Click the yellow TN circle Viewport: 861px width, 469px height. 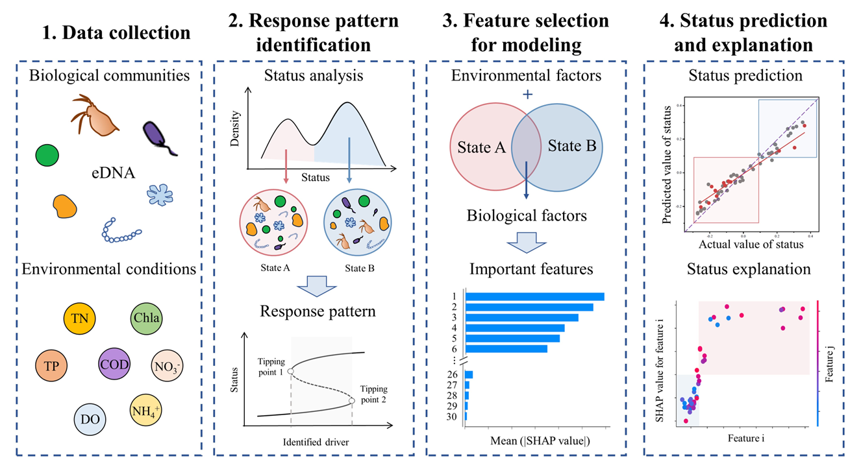coord(81,318)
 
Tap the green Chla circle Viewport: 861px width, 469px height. coord(146,318)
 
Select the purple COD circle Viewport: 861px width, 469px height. coord(116,364)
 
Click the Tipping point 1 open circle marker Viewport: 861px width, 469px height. coord(290,371)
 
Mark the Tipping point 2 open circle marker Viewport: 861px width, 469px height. coord(351,401)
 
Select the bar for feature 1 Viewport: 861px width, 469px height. coord(534,296)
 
